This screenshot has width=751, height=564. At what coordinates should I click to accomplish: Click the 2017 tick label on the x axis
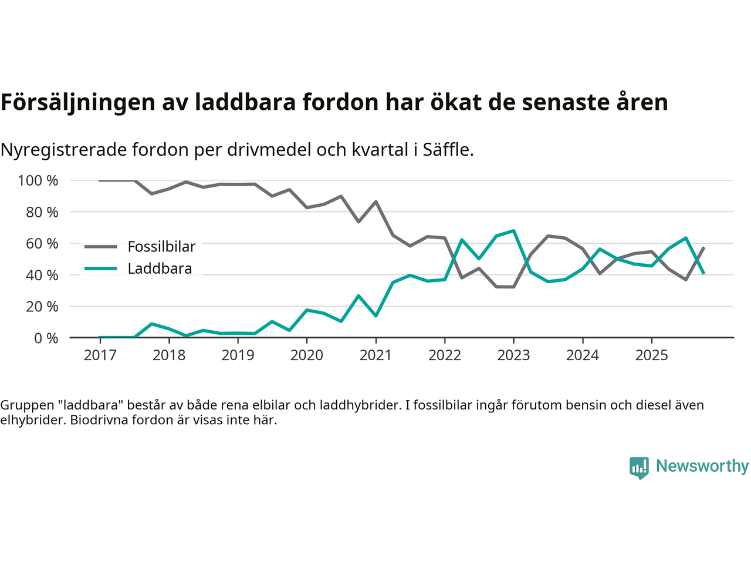click(x=100, y=355)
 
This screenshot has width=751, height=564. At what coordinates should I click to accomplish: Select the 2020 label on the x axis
click(x=307, y=355)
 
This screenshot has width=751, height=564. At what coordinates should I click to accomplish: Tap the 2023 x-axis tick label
click(x=513, y=355)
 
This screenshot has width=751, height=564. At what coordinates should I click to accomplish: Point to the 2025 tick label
click(x=651, y=355)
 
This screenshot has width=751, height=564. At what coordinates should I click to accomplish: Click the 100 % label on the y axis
click(x=38, y=180)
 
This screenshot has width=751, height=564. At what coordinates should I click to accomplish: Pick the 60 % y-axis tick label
click(x=42, y=243)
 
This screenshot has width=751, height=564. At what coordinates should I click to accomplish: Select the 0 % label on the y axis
click(x=45, y=338)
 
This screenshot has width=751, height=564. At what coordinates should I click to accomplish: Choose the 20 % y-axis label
click(x=42, y=306)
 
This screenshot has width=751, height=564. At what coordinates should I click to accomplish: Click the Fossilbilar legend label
click(x=161, y=247)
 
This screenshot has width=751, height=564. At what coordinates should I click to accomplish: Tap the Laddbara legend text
click(x=160, y=268)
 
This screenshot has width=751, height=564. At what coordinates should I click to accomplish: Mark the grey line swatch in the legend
click(x=100, y=247)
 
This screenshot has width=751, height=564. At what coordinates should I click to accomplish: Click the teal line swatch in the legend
click(x=100, y=268)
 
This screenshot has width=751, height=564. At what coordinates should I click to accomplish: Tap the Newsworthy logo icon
click(x=639, y=468)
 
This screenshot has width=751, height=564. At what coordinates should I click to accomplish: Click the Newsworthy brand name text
click(x=702, y=466)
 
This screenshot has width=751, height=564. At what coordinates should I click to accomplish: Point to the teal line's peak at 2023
click(x=513, y=231)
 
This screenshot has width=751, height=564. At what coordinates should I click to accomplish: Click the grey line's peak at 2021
click(x=375, y=202)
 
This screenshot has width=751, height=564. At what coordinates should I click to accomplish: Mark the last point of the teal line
click(x=703, y=273)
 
